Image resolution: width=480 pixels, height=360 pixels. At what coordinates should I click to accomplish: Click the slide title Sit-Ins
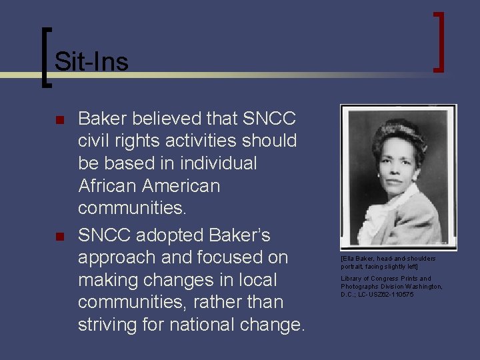(91, 61)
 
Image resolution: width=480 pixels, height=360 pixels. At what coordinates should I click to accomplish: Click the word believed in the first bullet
(164, 119)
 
